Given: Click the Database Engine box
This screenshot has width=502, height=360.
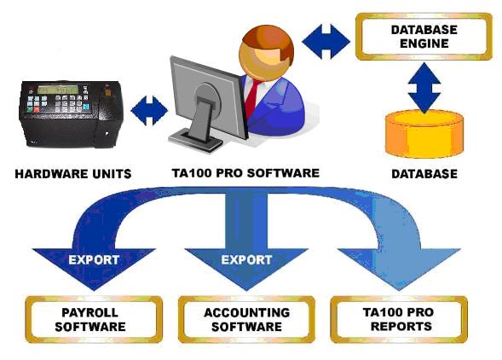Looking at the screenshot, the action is (x=424, y=37).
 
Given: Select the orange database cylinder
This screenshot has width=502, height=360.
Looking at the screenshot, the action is (x=424, y=134).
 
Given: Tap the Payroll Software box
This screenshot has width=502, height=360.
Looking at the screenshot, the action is (x=94, y=319).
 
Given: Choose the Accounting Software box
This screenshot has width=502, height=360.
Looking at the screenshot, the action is (x=246, y=319).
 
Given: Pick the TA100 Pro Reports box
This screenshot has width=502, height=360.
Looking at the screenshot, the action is (x=399, y=319).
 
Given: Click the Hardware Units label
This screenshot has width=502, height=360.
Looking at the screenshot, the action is (x=73, y=174).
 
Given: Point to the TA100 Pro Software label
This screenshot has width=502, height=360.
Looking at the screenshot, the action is (x=245, y=173).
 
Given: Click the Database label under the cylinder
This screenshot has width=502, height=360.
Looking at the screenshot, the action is (x=424, y=174).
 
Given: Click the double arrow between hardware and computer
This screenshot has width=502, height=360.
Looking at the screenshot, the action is (x=149, y=111).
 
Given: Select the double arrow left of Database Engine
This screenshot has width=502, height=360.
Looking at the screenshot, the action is (x=326, y=42).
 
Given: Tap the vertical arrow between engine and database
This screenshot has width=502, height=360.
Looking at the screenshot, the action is (x=424, y=88).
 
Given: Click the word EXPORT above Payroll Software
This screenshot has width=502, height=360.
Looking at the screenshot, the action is (x=94, y=259).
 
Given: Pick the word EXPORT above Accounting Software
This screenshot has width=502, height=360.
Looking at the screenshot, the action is (x=246, y=259).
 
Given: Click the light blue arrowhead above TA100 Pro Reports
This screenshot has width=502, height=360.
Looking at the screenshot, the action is (x=399, y=267).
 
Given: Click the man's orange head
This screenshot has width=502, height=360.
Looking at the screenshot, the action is (x=267, y=53).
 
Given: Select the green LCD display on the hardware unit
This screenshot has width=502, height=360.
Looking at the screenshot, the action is (x=58, y=90).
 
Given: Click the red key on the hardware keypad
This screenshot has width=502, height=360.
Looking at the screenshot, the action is (x=37, y=110).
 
